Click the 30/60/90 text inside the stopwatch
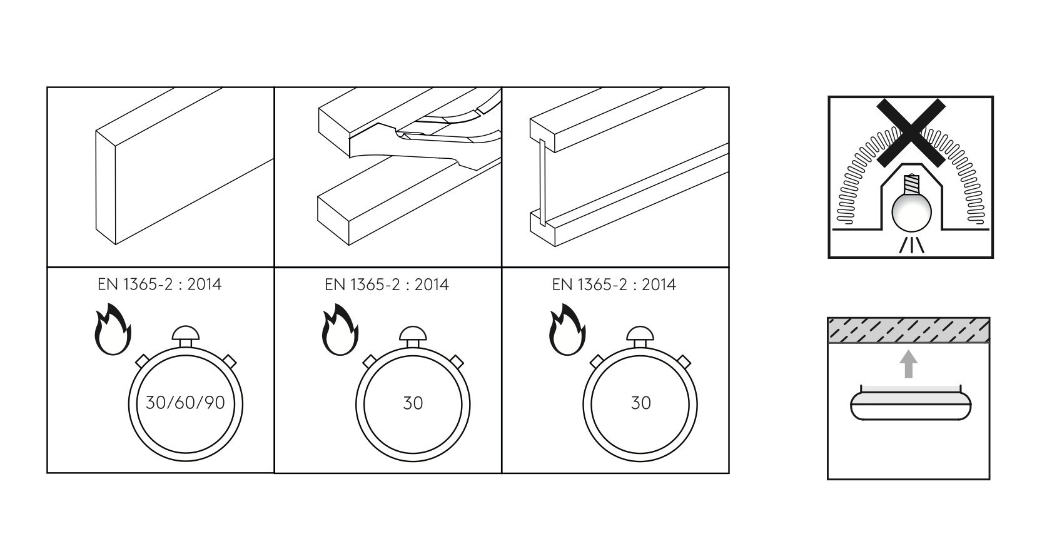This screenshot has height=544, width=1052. (185, 403)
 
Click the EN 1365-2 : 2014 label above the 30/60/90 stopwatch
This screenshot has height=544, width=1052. (159, 285)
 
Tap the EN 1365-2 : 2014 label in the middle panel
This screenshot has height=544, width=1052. (387, 285)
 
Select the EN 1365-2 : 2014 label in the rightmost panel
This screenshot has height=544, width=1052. (614, 285)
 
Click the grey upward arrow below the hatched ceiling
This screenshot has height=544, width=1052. (909, 364)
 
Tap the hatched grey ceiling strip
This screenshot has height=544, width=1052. (908, 330)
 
